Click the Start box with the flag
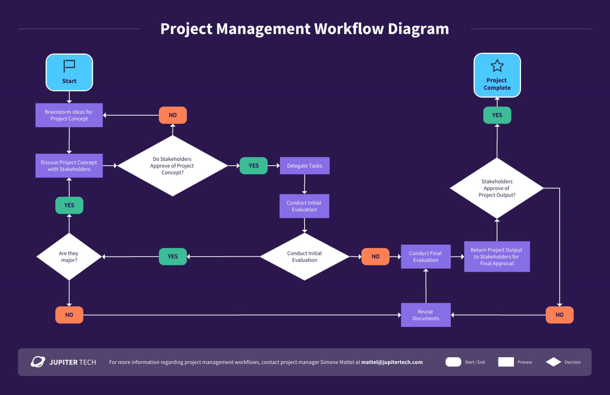[69, 72]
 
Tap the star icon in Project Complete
[497, 66]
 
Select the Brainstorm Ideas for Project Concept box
[69, 115]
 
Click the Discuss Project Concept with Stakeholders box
[69, 166]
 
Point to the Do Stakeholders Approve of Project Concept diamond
[172, 166]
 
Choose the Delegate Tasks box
[305, 166]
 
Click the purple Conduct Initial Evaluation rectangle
[304, 206]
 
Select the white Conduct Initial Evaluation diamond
[305, 257]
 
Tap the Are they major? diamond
[69, 257]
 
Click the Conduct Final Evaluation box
[426, 257]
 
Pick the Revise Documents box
[426, 315]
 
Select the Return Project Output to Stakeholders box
[497, 257]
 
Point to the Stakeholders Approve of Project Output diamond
[497, 188]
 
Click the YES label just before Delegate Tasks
[253, 166]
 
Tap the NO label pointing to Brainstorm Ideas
[173, 115]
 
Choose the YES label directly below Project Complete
[497, 115]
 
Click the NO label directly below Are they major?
[69, 315]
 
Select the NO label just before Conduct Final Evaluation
[375, 257]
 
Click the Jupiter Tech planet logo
[38, 362]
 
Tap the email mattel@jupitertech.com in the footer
[392, 362]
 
